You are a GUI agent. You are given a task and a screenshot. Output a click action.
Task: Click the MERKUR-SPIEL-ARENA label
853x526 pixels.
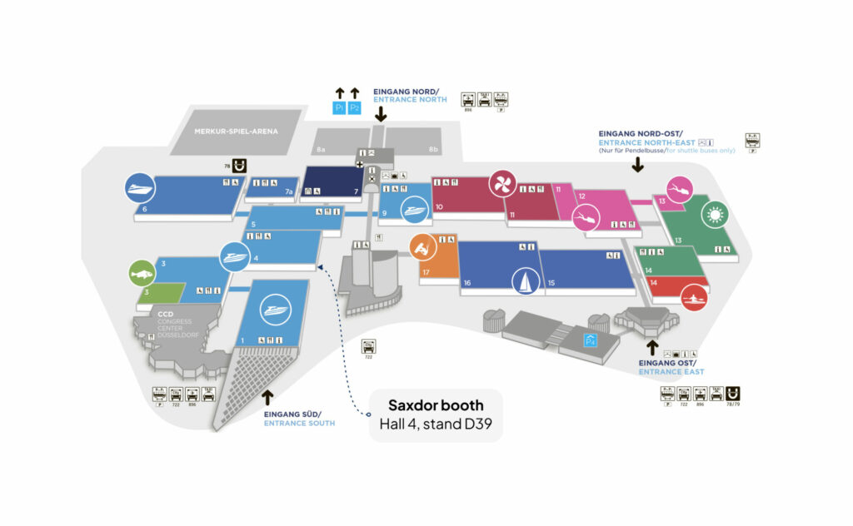236,131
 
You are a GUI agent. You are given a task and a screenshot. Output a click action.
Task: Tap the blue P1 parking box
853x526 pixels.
340,108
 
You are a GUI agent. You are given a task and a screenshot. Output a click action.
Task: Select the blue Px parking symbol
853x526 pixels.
591,340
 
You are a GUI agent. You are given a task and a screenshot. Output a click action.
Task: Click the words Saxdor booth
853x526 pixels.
435,405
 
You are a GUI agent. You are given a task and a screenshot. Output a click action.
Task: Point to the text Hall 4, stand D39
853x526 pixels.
435,425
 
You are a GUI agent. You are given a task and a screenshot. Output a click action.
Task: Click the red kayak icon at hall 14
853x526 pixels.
693,296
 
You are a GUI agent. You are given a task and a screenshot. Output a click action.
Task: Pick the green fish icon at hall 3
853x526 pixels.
142,273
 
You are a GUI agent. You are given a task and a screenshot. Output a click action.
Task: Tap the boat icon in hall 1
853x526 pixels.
274,310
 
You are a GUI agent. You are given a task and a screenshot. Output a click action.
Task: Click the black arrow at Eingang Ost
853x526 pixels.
652,346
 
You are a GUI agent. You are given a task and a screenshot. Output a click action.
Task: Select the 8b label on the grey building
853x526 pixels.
433,149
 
